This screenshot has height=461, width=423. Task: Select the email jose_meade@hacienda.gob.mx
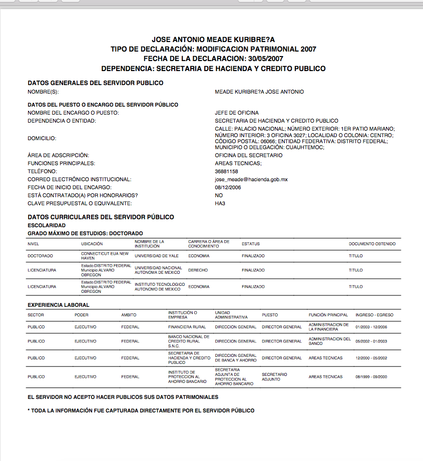coord(251,179)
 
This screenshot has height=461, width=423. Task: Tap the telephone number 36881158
coord(226,171)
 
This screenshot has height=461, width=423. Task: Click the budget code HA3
coord(220,203)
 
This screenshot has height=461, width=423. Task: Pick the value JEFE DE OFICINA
coord(237,113)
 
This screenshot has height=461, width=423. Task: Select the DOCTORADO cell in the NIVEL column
coord(41,255)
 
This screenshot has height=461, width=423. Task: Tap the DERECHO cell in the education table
coord(198,270)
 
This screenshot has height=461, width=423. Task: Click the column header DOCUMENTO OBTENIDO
coord(372,244)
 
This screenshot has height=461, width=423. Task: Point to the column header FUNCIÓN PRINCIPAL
coord(328,315)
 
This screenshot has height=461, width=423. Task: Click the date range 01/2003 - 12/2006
coord(371,327)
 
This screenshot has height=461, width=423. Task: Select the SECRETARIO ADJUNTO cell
coord(274,376)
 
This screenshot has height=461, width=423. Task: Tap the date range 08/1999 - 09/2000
coord(371,376)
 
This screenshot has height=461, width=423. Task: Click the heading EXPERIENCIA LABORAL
coord(59,305)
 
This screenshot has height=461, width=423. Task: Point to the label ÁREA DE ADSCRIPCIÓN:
coord(58,155)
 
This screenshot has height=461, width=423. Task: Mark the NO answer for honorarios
coord(219,195)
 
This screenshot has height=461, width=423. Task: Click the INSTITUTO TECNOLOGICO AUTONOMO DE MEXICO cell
coord(160,287)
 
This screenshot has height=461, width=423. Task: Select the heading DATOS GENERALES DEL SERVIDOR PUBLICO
coord(96,83)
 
